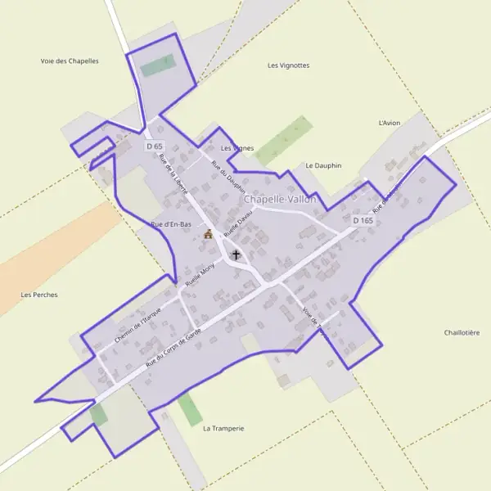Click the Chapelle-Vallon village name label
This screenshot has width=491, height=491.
(x=279, y=199)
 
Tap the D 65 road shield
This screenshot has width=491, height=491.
(x=155, y=146)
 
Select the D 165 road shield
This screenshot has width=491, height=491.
(x=363, y=221)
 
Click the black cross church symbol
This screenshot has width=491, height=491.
(x=236, y=255)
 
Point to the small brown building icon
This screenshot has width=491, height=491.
(x=208, y=235)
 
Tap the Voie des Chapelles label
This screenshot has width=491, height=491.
(x=70, y=61)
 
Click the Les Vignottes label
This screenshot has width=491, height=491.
(x=289, y=65)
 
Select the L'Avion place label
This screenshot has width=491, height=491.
(x=390, y=123)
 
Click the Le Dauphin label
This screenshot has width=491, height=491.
(x=322, y=165)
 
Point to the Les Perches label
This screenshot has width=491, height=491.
(x=39, y=295)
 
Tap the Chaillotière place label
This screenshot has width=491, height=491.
(x=462, y=332)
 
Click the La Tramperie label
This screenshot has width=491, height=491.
(x=223, y=428)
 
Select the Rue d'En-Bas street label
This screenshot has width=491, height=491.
(x=171, y=223)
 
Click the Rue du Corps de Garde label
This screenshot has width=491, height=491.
(x=173, y=345)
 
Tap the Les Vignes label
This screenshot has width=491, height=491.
(x=237, y=148)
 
